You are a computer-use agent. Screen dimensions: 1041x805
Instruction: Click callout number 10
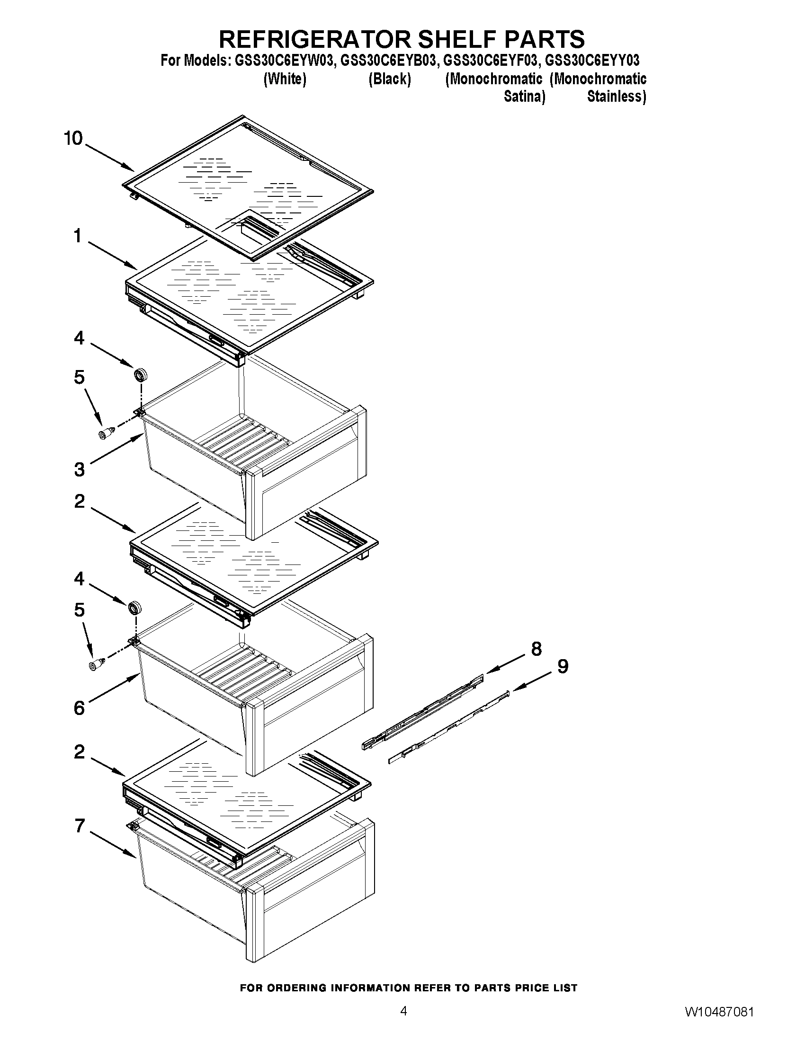73,139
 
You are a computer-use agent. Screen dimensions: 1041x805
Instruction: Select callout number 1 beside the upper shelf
77,236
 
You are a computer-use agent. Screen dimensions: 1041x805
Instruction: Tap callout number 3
79,469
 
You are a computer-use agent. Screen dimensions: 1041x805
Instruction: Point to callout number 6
79,708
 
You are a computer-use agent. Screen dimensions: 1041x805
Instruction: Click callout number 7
80,826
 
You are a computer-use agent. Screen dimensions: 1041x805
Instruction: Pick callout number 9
563,666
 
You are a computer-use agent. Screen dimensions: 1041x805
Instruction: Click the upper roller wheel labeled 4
140,375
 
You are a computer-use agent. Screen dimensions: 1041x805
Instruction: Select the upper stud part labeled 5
107,433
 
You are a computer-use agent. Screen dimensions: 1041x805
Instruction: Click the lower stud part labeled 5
97,664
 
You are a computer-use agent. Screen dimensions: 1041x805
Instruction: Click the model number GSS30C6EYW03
280,61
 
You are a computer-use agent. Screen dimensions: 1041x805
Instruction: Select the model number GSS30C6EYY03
592,61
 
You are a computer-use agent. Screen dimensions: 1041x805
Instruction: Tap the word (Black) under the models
390,79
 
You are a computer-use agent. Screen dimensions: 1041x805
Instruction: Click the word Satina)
525,97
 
